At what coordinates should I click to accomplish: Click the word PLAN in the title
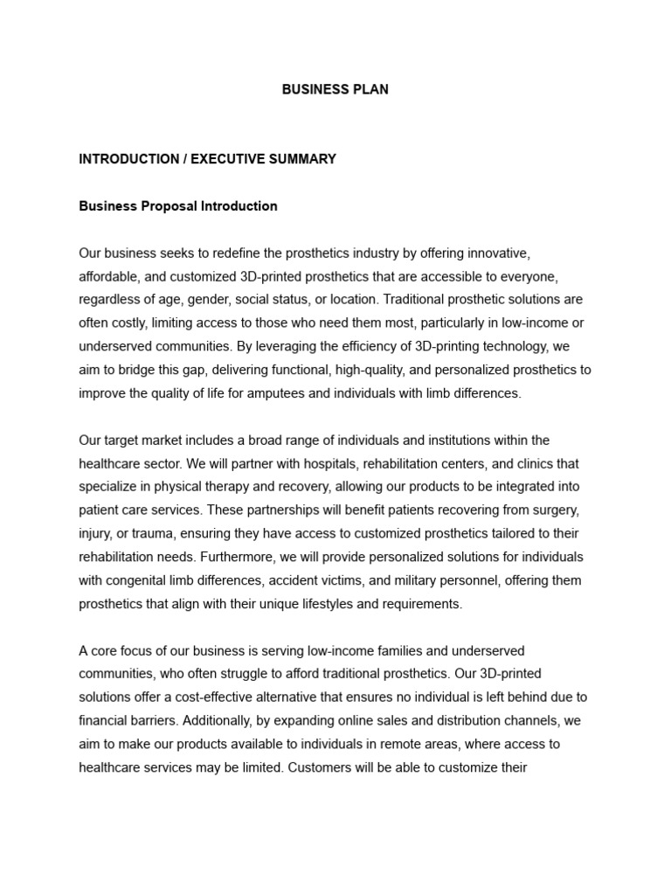[x=371, y=89]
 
